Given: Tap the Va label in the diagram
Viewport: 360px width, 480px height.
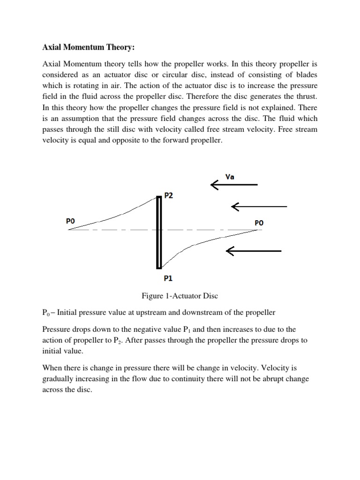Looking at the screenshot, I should tap(230, 177).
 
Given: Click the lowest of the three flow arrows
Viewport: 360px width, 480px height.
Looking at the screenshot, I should tap(253, 251).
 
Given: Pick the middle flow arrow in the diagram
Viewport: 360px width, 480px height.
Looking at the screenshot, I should tap(259, 206).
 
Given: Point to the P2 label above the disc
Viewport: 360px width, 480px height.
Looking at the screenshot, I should tap(169, 195).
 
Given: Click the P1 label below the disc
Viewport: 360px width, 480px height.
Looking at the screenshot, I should tap(168, 278).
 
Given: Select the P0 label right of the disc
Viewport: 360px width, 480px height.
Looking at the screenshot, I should tap(259, 223).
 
